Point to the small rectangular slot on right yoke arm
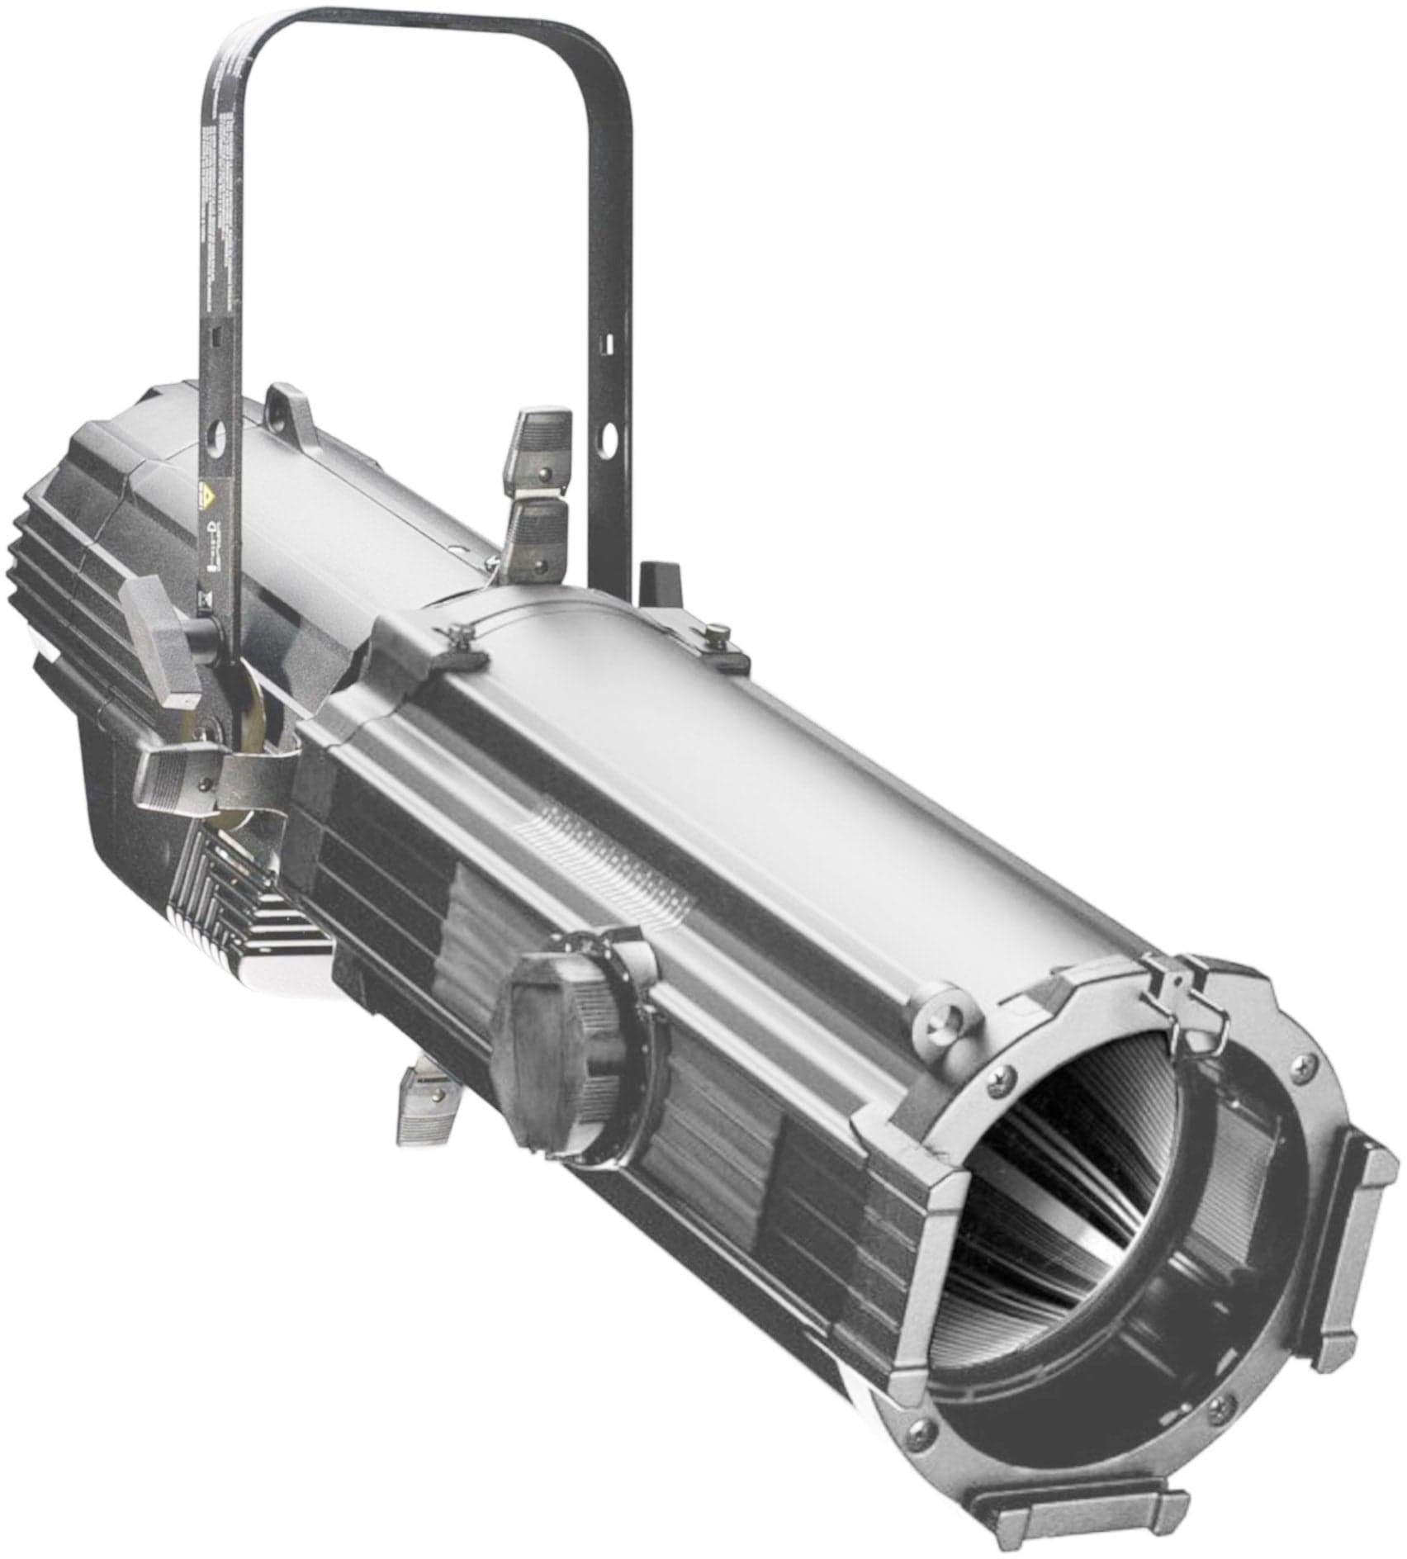click(610, 339)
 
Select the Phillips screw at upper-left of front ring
click(1003, 1073)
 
